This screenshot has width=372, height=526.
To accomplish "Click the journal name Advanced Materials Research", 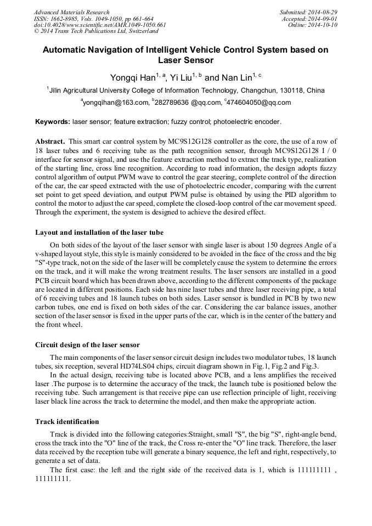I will coord(71,12).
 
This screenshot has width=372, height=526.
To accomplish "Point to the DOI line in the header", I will coord(99,25).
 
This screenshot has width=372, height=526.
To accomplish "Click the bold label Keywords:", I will coord(53,122).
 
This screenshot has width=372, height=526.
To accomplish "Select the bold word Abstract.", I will coord(50,141).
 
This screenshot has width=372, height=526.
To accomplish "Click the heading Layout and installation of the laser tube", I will coord(99,232).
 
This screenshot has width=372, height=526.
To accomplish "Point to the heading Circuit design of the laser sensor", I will coord(88,345).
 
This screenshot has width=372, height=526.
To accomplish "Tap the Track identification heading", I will coord(67,422).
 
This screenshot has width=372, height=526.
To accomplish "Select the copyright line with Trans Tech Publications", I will coord(88,31).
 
